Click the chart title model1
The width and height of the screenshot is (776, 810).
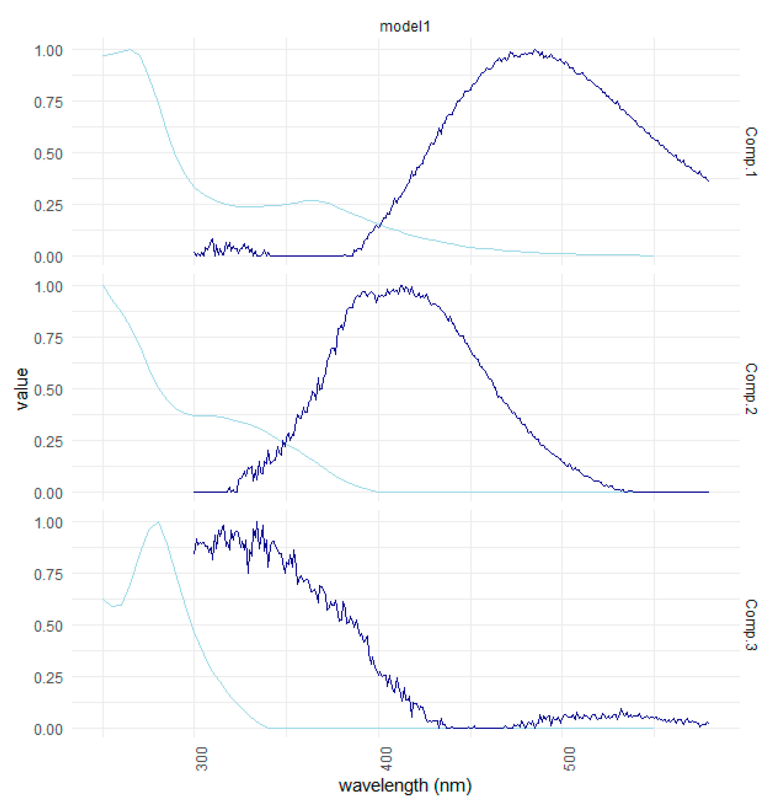[404, 26]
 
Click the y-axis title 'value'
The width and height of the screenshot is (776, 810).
[22, 389]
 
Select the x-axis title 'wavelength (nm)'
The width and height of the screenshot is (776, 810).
[404, 785]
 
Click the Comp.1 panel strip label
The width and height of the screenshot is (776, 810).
[750, 152]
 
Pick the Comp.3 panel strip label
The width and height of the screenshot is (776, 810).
[750, 624]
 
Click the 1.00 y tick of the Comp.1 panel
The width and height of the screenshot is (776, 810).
[48, 51]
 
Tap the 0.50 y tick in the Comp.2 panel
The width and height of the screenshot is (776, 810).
[48, 390]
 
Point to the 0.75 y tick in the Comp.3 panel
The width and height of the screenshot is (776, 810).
[48, 575]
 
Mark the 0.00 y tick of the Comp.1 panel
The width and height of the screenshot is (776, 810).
[48, 257]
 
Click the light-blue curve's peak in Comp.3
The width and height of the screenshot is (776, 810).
[158, 522]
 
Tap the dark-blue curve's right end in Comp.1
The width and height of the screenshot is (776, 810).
[708, 181]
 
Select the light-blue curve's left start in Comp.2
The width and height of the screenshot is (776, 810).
[103, 286]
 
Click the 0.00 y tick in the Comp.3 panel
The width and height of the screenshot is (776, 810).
[48, 730]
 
